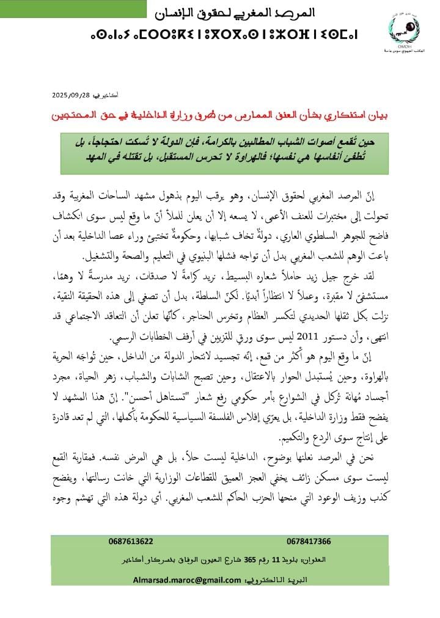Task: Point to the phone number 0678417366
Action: tap(308, 541)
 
